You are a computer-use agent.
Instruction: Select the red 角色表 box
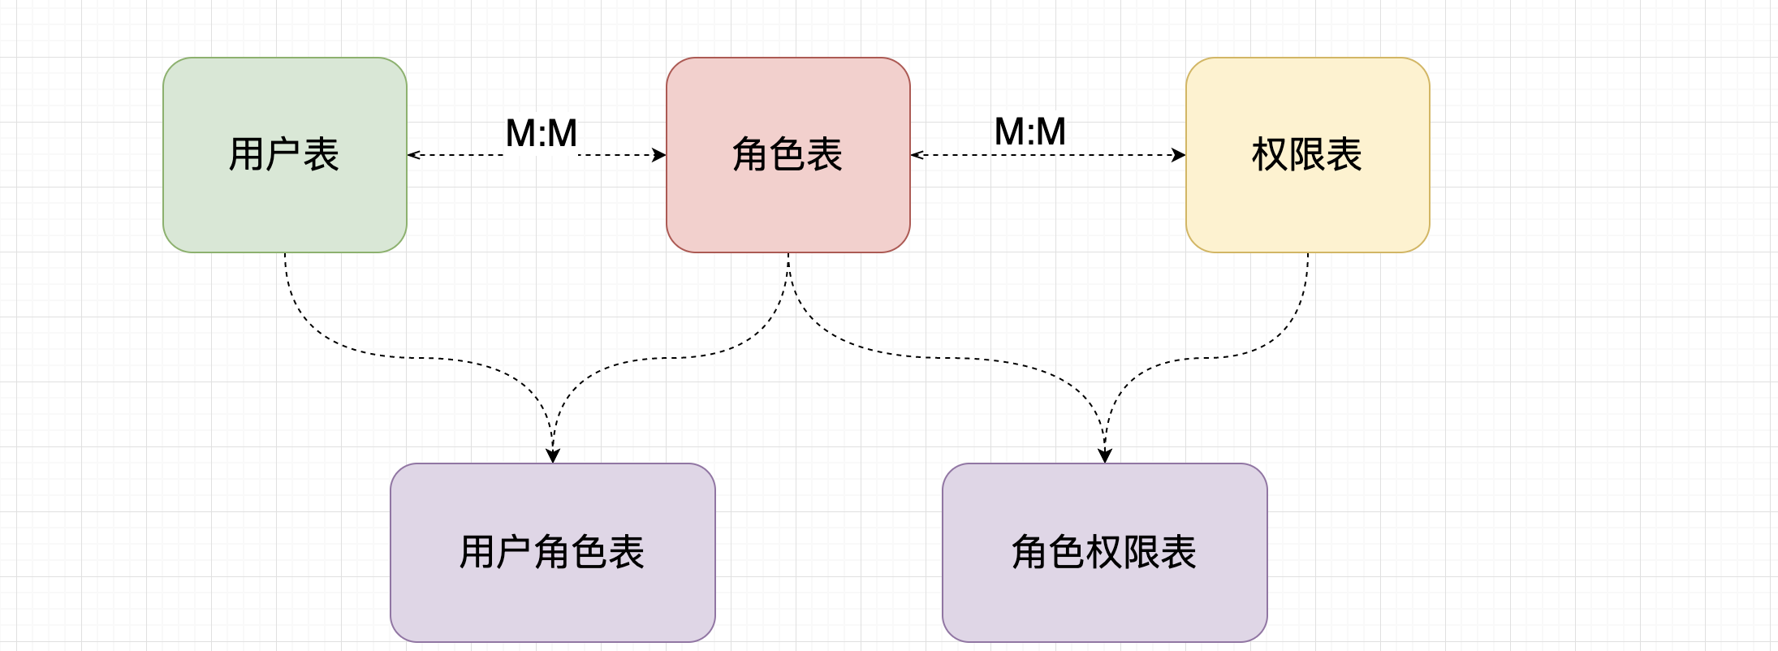click(788, 203)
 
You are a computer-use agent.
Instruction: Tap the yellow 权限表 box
click(1307, 203)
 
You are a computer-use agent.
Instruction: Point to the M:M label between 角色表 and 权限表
click(1029, 132)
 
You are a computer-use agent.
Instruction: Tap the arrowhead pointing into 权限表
click(1179, 155)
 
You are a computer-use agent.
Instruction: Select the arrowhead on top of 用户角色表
click(553, 456)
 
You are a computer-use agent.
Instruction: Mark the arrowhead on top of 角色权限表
click(1105, 456)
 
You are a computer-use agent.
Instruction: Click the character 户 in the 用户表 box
click(283, 154)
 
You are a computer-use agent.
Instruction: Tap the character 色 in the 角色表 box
click(788, 154)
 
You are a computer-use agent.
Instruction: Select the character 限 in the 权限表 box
click(1307, 154)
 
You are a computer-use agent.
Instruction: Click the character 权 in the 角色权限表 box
click(1104, 552)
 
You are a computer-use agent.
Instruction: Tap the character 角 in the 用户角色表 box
click(552, 552)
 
